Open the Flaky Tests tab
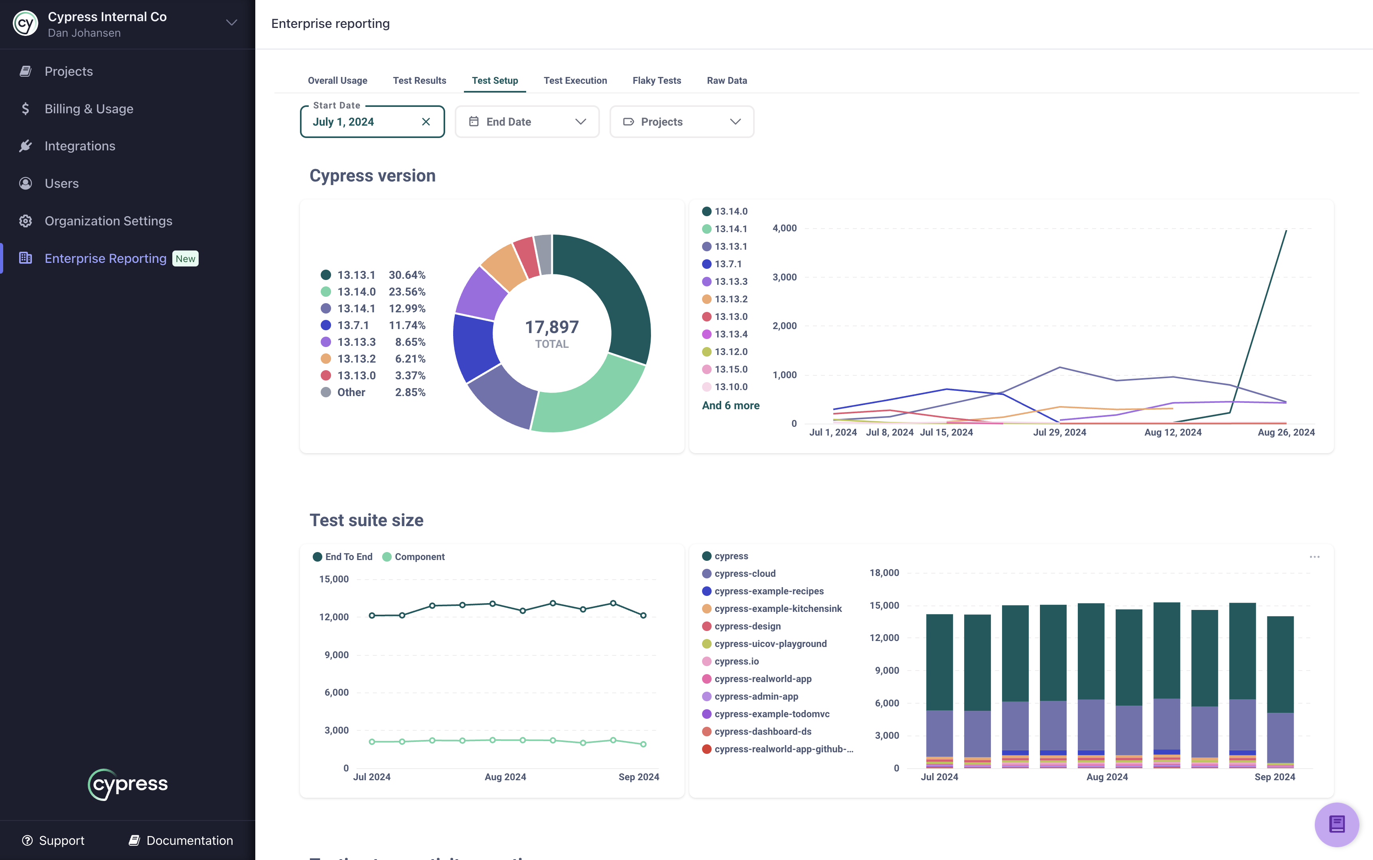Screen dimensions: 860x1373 pyautogui.click(x=656, y=80)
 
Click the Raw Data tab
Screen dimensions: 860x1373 pyautogui.click(x=726, y=80)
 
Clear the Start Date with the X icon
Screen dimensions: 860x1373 pyautogui.click(x=426, y=122)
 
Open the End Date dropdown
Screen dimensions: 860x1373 pyautogui.click(x=527, y=122)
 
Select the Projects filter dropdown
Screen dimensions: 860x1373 pyautogui.click(x=681, y=122)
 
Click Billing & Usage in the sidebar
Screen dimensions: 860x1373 pyautogui.click(x=89, y=108)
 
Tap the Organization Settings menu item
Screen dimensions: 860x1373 pyautogui.click(x=108, y=221)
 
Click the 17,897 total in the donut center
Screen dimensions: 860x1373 pyautogui.click(x=551, y=327)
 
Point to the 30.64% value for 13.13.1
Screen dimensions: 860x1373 pyautogui.click(x=406, y=275)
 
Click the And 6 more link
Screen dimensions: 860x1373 pyautogui.click(x=730, y=406)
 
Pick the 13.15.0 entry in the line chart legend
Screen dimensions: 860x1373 pyautogui.click(x=730, y=369)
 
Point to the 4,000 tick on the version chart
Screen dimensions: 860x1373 pyautogui.click(x=784, y=228)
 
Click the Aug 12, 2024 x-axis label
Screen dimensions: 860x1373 pyautogui.click(x=1172, y=432)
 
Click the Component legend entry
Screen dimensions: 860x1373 pyautogui.click(x=419, y=557)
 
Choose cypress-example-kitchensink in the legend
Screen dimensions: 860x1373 pyautogui.click(x=777, y=609)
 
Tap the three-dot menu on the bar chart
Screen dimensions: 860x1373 pyautogui.click(x=1314, y=557)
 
